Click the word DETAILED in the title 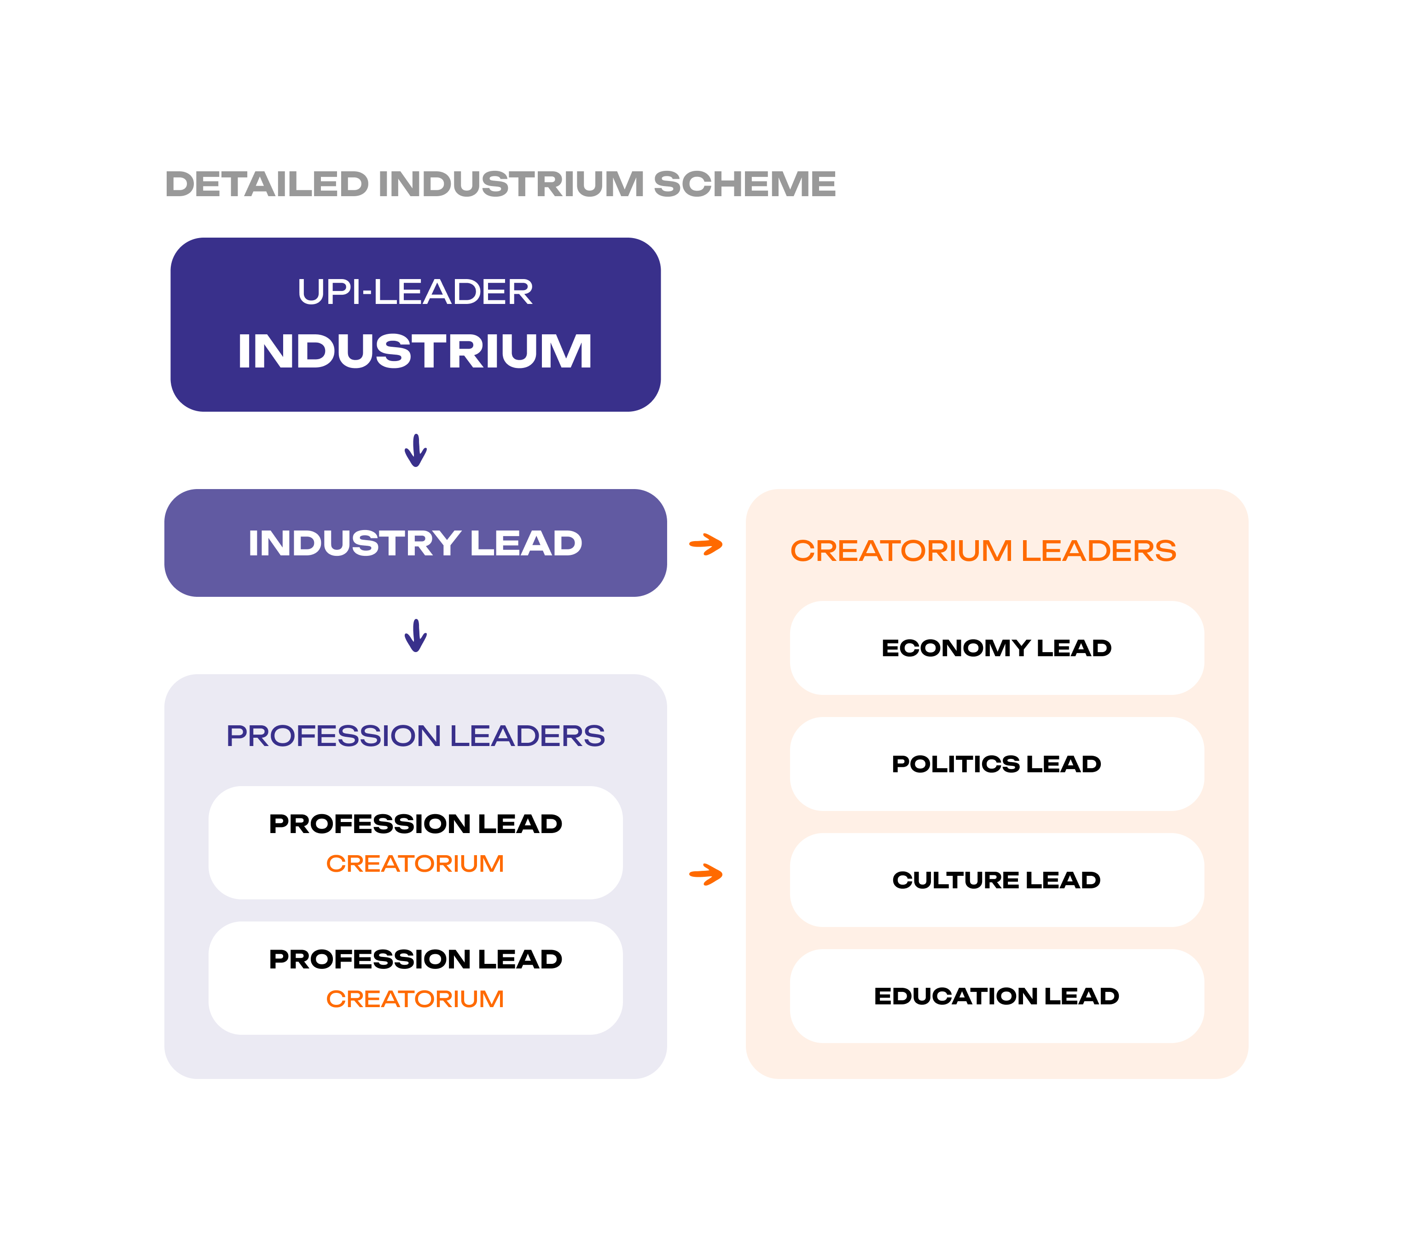(267, 184)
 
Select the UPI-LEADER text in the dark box (415, 292)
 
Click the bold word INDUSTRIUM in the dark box (415, 351)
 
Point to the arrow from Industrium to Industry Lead (415, 451)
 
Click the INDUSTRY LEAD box (415, 543)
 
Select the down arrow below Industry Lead (415, 636)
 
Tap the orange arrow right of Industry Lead (706, 544)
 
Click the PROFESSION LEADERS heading (415, 736)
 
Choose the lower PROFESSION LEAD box (415, 978)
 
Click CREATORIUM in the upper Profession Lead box (415, 864)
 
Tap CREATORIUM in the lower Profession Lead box (415, 999)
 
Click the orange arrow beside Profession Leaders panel (706, 875)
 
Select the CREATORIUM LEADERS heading (983, 551)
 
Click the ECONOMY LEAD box (997, 648)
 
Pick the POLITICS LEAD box (997, 764)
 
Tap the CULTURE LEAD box (997, 880)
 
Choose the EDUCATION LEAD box (997, 997)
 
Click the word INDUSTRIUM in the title (511, 184)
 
